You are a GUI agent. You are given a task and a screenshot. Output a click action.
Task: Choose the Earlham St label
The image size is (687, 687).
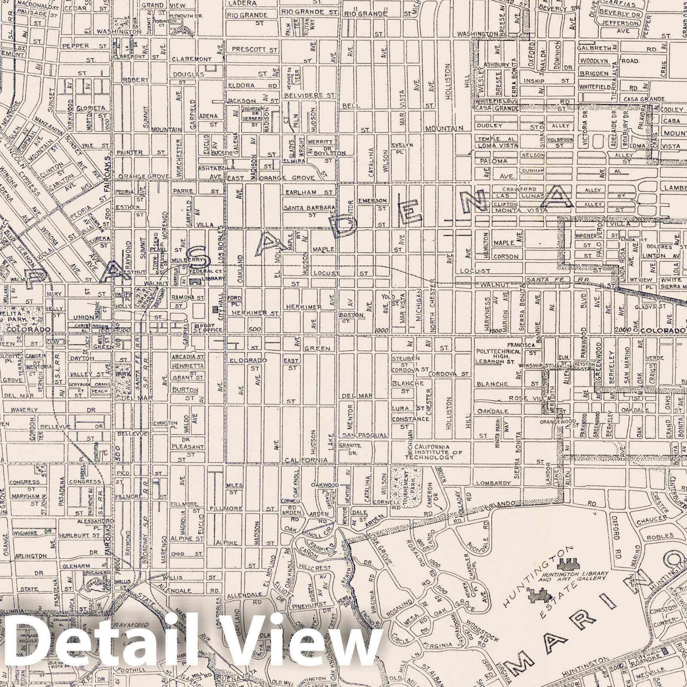point(308,192)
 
